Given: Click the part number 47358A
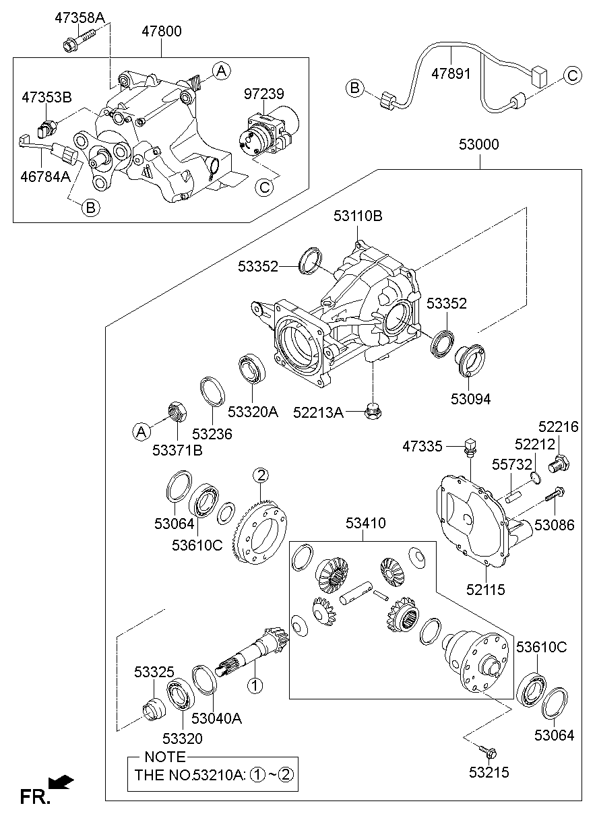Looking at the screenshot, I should pos(80,18).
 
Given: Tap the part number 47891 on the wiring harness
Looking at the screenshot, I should pos(451,73).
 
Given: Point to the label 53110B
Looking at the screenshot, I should pos(357,216).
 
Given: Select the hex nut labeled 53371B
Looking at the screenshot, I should pos(177,410).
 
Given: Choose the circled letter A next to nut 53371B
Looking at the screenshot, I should pos(141,431).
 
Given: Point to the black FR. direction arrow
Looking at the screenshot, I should pos(62,782).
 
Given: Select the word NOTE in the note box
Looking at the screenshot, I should pos(164,757).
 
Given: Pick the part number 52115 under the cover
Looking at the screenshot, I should pos(484,589).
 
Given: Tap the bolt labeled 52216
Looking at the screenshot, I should pos(559,464).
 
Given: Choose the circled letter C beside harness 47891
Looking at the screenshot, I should pos(572,75).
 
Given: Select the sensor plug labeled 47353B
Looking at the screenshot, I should pos(47,127).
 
